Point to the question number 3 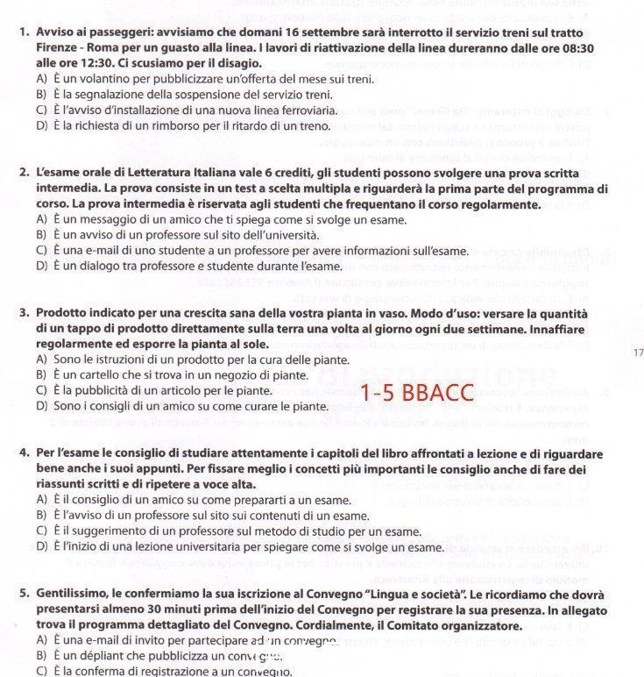(23, 313)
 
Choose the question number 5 (23, 594)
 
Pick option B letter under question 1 (41, 95)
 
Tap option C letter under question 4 (41, 531)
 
